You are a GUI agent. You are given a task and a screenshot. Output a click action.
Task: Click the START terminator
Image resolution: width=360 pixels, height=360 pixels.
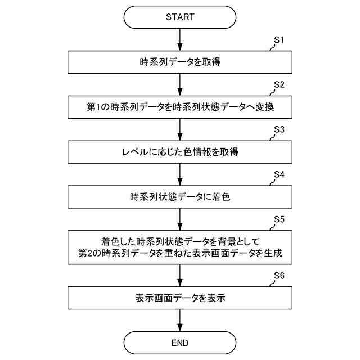tap(180, 17)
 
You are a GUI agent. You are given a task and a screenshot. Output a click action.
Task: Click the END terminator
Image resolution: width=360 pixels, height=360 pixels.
tap(180, 343)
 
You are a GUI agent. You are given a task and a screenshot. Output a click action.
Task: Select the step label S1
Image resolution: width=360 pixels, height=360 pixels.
tap(280, 40)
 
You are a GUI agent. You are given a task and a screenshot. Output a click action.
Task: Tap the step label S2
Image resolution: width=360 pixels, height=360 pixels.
tap(280, 85)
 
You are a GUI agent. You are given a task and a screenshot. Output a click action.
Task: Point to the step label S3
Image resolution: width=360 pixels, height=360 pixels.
tap(280, 129)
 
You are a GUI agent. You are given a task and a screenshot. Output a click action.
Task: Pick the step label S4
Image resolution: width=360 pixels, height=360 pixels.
tap(280, 174)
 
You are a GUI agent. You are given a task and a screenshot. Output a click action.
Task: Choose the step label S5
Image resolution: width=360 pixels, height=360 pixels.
tap(280, 219)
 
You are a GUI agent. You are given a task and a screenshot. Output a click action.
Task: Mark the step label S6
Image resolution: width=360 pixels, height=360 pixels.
tap(280, 276)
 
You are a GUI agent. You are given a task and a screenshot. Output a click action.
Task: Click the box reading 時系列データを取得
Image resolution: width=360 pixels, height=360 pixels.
tap(180, 62)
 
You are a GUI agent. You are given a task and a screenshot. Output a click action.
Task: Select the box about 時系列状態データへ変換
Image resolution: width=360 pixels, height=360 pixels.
tap(180, 107)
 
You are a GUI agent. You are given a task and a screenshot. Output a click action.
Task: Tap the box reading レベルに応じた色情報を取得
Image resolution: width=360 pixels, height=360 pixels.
tap(180, 152)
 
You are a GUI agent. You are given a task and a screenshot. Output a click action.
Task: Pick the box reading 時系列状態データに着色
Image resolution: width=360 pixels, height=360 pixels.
tap(180, 197)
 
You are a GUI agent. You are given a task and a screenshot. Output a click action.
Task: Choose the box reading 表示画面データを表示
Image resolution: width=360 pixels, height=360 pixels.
tap(180, 298)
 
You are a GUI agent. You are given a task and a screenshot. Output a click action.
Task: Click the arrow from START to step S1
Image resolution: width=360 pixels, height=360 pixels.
tap(180, 39)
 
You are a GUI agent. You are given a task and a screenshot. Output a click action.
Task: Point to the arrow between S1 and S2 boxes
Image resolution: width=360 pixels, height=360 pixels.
tap(180, 84)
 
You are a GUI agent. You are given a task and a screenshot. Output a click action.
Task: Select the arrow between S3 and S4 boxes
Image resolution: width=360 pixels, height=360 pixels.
tap(180, 174)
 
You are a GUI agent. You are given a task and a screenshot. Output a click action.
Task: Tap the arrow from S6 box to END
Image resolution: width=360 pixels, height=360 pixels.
tap(180, 321)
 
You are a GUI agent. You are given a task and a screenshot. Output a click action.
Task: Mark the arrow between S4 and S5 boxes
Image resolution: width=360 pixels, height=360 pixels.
tap(180, 219)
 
